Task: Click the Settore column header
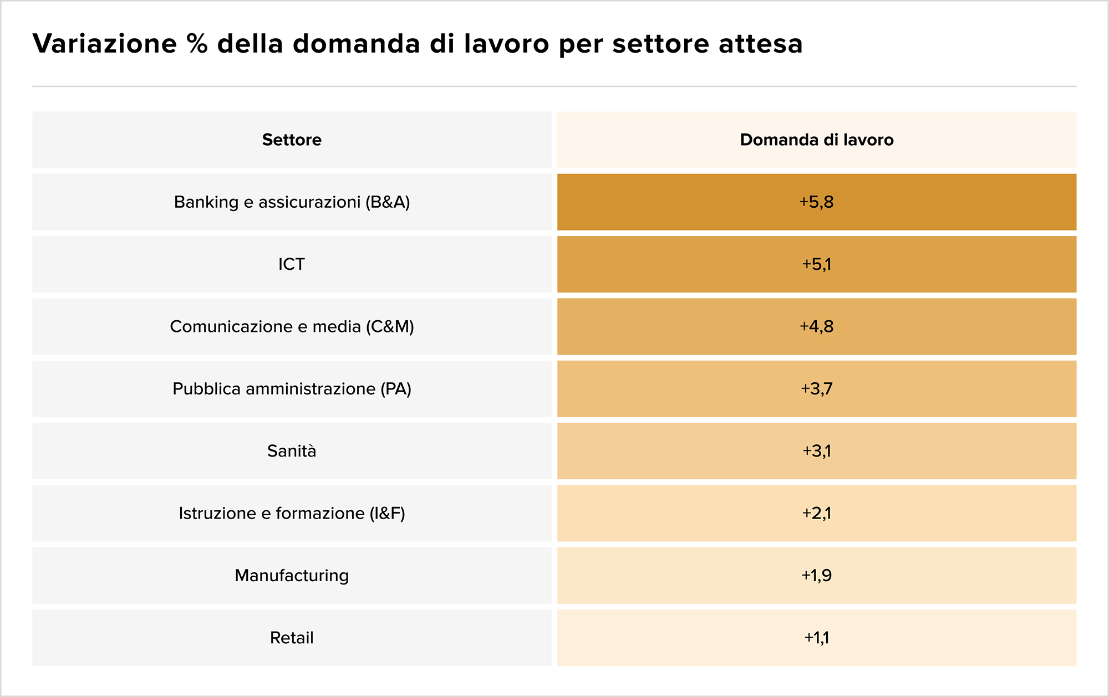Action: click(x=292, y=140)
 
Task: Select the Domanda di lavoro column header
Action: click(x=817, y=140)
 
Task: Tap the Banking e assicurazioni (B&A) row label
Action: click(x=292, y=202)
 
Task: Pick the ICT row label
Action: click(x=292, y=264)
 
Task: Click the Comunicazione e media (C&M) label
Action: click(x=292, y=327)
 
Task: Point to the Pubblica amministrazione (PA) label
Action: click(x=292, y=389)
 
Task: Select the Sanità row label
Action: click(x=292, y=451)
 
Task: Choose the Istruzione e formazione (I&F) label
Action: click(x=292, y=514)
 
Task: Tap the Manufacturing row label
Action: click(x=292, y=576)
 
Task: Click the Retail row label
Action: click(x=292, y=638)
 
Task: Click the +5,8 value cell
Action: click(x=817, y=202)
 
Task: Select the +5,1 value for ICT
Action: click(x=817, y=264)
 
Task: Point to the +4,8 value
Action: click(x=817, y=327)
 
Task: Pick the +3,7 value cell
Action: click(x=817, y=389)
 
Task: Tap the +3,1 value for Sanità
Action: click(x=817, y=451)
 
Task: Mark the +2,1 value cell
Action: click(x=817, y=514)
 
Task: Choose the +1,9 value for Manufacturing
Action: click(x=817, y=576)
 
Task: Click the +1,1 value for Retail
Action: click(x=817, y=638)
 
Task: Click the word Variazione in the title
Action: click(x=105, y=43)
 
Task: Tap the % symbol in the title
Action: click(x=197, y=43)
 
